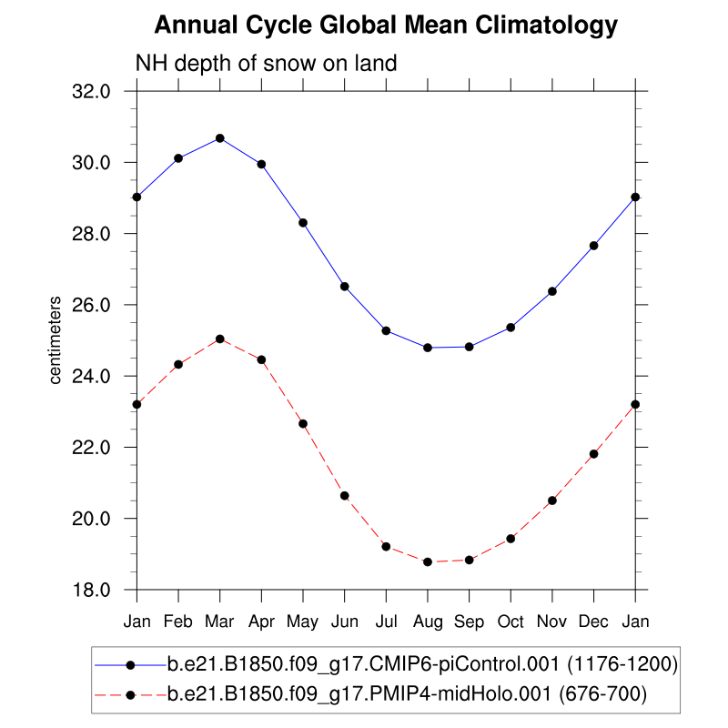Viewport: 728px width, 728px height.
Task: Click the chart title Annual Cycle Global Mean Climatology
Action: [386, 26]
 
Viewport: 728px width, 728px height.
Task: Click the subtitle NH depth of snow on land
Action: [266, 64]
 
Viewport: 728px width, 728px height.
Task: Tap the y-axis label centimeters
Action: [56, 339]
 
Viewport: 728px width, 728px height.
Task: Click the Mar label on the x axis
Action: [220, 622]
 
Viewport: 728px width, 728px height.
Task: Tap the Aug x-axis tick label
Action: [428, 622]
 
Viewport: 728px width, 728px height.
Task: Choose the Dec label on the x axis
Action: [593, 622]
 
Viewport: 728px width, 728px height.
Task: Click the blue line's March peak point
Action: [220, 138]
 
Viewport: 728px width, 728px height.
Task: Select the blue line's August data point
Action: [428, 348]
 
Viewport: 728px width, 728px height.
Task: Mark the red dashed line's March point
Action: [220, 339]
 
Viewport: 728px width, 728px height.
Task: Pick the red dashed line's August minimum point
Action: [428, 562]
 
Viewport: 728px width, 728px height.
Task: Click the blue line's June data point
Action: [345, 287]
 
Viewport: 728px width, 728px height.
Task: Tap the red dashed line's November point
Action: [552, 500]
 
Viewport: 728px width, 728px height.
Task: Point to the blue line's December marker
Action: [593, 246]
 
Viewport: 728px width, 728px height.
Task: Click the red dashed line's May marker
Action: [303, 424]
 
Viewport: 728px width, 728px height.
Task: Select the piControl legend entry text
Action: [422, 665]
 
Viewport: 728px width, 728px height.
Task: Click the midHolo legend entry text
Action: [406, 695]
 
